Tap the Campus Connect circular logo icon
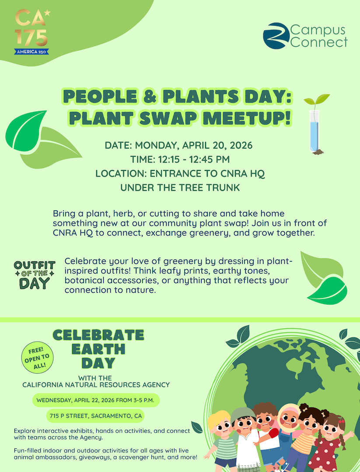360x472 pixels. [x=276, y=36]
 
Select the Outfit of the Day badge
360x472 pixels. [x=35, y=275]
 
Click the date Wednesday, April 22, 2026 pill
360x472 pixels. [x=96, y=399]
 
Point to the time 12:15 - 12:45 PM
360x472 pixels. [x=180, y=160]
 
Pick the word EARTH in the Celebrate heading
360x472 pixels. [x=98, y=349]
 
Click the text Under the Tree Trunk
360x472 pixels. [x=180, y=188]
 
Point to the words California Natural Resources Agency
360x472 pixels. [x=96, y=385]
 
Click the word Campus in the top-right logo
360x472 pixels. [x=318, y=30]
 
